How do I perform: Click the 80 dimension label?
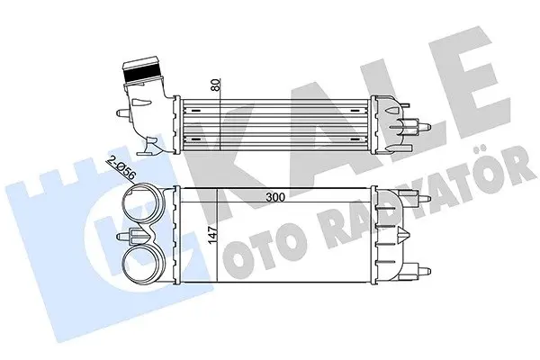coord(216,85)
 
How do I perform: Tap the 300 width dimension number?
coord(275,197)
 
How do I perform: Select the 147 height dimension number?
coord(213,235)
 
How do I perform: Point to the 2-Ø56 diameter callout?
coord(121,168)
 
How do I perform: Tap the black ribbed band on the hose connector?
coord(141,74)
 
